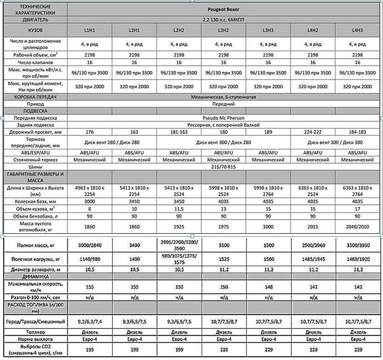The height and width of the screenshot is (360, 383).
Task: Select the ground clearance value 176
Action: point(90,132)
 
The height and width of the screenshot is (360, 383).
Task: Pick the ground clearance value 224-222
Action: point(313,132)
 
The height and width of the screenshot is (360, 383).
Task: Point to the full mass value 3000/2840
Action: point(90,246)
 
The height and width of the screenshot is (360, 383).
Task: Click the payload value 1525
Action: point(224,259)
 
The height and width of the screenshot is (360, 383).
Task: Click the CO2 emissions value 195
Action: point(90,350)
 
